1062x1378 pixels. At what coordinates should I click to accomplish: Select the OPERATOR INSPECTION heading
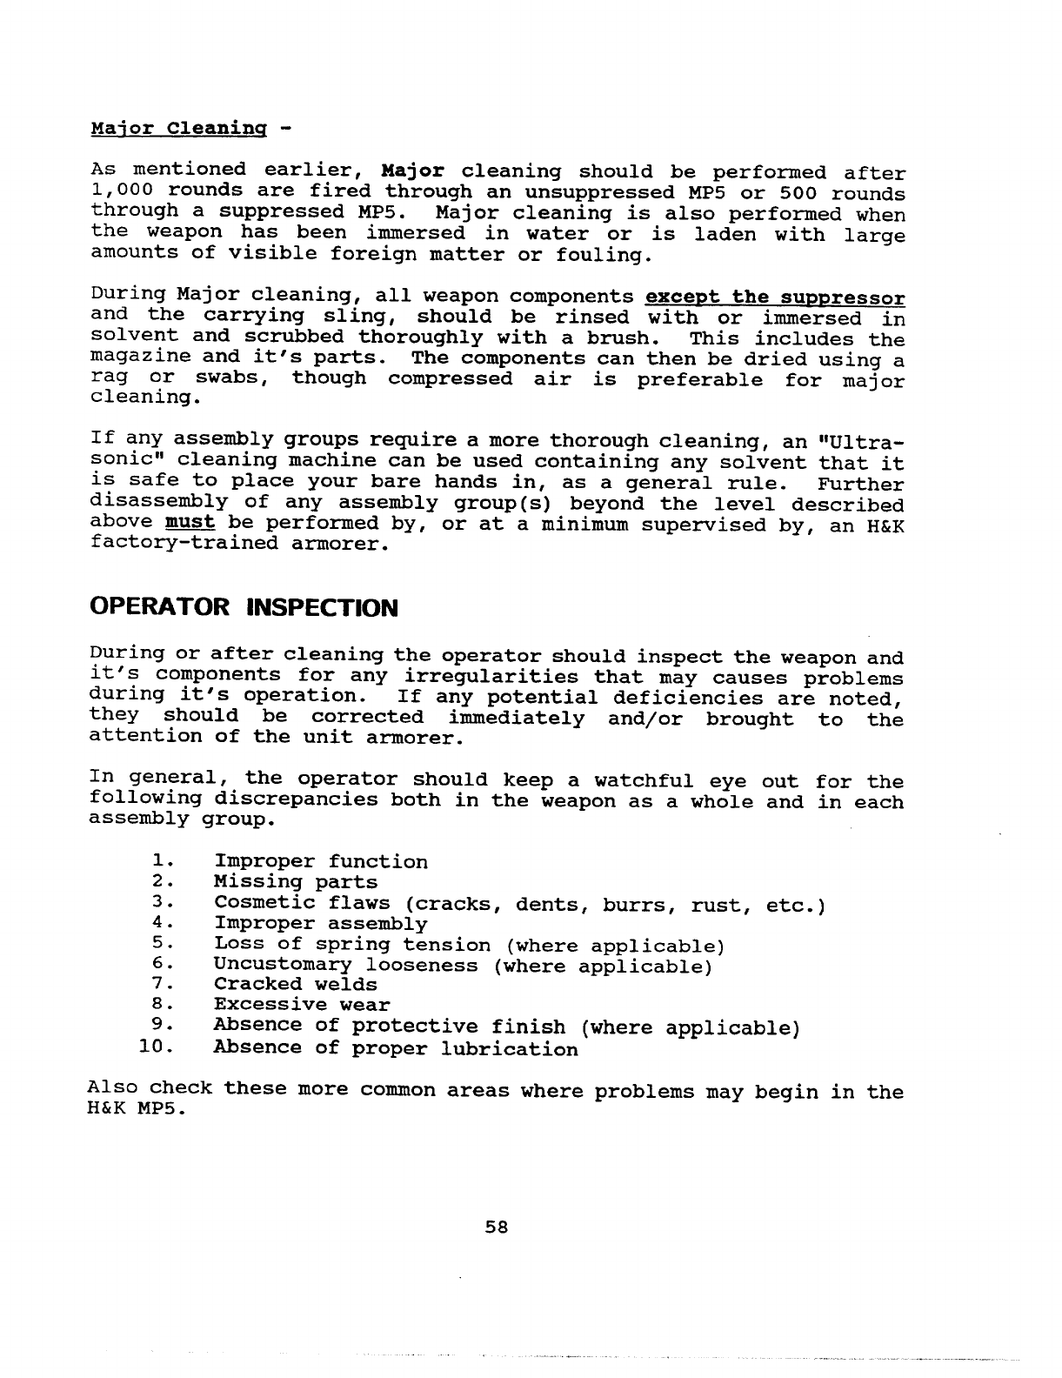point(244,607)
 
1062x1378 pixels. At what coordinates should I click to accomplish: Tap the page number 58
point(496,1227)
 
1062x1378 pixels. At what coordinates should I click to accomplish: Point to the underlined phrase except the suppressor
point(776,298)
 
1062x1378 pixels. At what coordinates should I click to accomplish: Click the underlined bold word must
point(189,523)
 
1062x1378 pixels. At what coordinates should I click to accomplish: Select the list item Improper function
point(321,862)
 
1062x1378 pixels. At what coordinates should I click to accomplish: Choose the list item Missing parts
point(296,883)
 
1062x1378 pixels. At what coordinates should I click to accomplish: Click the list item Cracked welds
point(296,985)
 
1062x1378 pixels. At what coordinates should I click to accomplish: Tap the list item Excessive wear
point(302,1006)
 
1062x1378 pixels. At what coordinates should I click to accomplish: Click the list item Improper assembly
point(321,924)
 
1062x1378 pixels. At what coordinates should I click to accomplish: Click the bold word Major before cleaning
point(413,171)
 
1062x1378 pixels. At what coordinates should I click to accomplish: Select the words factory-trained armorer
point(237,544)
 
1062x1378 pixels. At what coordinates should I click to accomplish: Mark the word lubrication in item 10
point(510,1048)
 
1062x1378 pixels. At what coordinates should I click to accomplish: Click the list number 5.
point(158,944)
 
